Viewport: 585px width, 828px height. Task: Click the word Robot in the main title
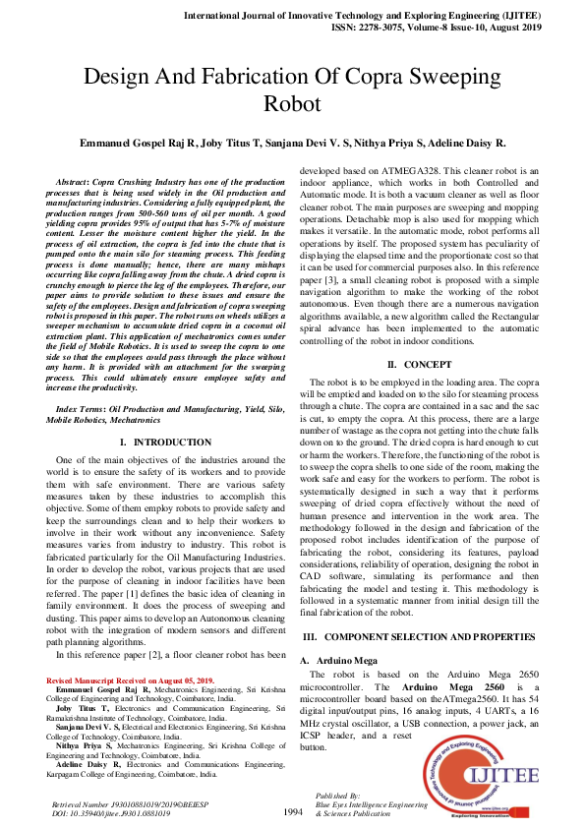pyautogui.click(x=292, y=103)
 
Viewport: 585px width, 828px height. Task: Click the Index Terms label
pyautogui.click(x=79, y=407)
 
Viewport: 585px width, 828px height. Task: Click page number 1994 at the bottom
pyautogui.click(x=292, y=812)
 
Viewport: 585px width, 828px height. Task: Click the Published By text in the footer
pyautogui.click(x=338, y=795)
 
